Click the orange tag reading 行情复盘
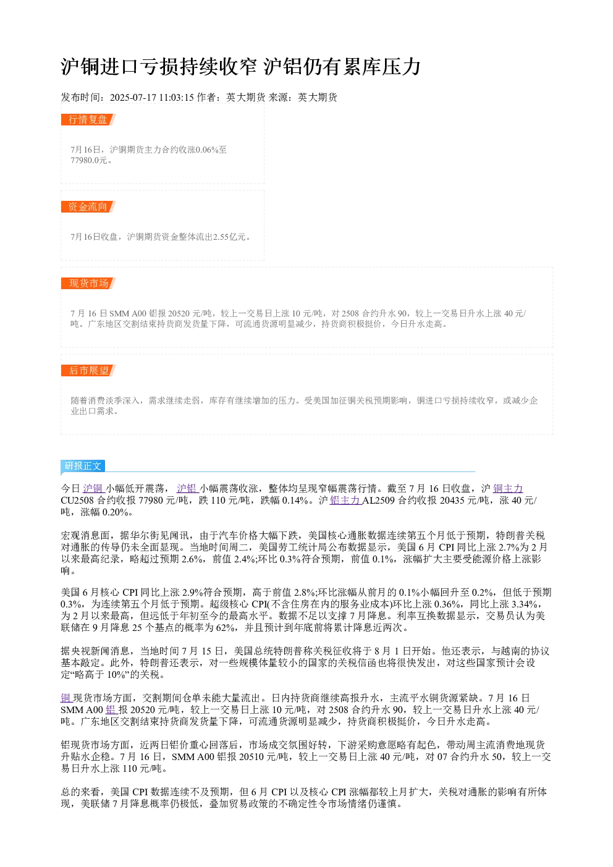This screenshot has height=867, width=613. click(x=88, y=119)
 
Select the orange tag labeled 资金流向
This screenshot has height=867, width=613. click(x=88, y=206)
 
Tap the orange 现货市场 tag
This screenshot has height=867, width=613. click(x=88, y=283)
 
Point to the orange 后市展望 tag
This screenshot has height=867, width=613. click(x=88, y=370)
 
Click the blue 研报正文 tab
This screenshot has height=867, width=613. click(x=83, y=465)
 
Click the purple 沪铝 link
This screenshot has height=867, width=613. click(x=188, y=488)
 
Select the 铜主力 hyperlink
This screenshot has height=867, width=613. click(x=508, y=488)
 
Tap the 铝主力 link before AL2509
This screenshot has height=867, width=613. click(x=345, y=501)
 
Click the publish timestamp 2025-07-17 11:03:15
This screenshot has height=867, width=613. click(x=151, y=97)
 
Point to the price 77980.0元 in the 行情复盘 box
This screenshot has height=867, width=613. click(x=88, y=160)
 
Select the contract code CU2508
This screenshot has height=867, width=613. click(x=77, y=501)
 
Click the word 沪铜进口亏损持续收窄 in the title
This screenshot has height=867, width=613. click(x=159, y=67)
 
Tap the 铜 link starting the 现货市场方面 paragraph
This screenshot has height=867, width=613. click(x=67, y=698)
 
